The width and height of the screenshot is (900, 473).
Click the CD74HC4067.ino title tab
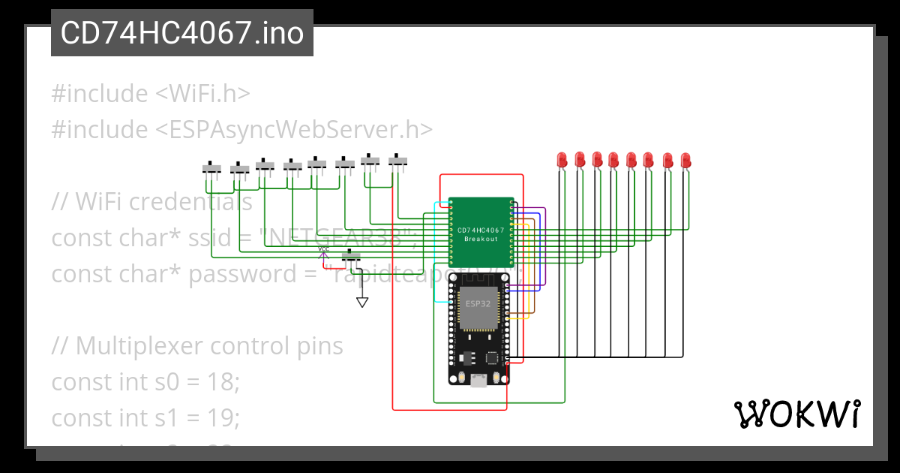[x=181, y=34]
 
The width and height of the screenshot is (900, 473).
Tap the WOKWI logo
[x=796, y=414]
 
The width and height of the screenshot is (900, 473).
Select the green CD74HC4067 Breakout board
[x=481, y=232]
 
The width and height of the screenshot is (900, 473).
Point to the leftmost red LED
[x=562, y=159]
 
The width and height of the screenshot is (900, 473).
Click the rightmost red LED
[x=685, y=160]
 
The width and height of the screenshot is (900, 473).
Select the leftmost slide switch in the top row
[x=213, y=167]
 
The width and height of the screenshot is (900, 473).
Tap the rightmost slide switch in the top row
[x=397, y=160]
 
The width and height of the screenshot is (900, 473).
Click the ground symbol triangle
[x=362, y=302]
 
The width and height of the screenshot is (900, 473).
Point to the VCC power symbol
[x=323, y=253]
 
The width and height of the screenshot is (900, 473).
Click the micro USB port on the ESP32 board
[x=478, y=381]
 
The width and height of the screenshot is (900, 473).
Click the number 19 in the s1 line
[x=223, y=417]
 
